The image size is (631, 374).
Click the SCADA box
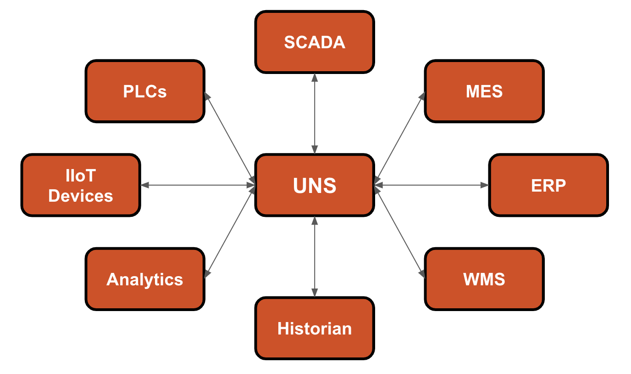315,42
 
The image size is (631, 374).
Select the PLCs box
145,91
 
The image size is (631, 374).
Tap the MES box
484,91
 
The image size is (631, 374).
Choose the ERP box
548,185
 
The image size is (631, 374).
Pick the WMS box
484,279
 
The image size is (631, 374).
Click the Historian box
315,328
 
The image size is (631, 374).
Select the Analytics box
145,279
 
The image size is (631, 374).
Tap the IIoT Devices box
81,185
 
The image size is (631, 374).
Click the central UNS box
315,185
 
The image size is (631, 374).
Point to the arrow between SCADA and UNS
315,114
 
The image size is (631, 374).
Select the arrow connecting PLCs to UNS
230,138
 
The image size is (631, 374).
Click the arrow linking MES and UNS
399,138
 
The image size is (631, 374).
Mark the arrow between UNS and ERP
432,185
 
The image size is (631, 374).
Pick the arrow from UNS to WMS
399,232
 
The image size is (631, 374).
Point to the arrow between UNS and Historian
315,257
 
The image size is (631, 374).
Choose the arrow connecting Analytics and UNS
230,232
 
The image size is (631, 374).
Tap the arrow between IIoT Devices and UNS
198,185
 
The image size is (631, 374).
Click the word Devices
81,196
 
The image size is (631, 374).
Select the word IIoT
81,176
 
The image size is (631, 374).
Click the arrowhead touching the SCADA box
315,78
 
